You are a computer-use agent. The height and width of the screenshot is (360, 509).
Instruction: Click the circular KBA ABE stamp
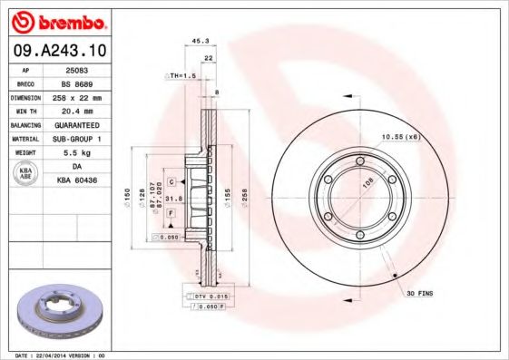[x=25, y=173]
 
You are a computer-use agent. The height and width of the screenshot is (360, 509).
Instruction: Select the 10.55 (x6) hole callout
[x=399, y=136]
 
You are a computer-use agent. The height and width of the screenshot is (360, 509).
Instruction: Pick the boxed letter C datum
[x=171, y=182]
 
